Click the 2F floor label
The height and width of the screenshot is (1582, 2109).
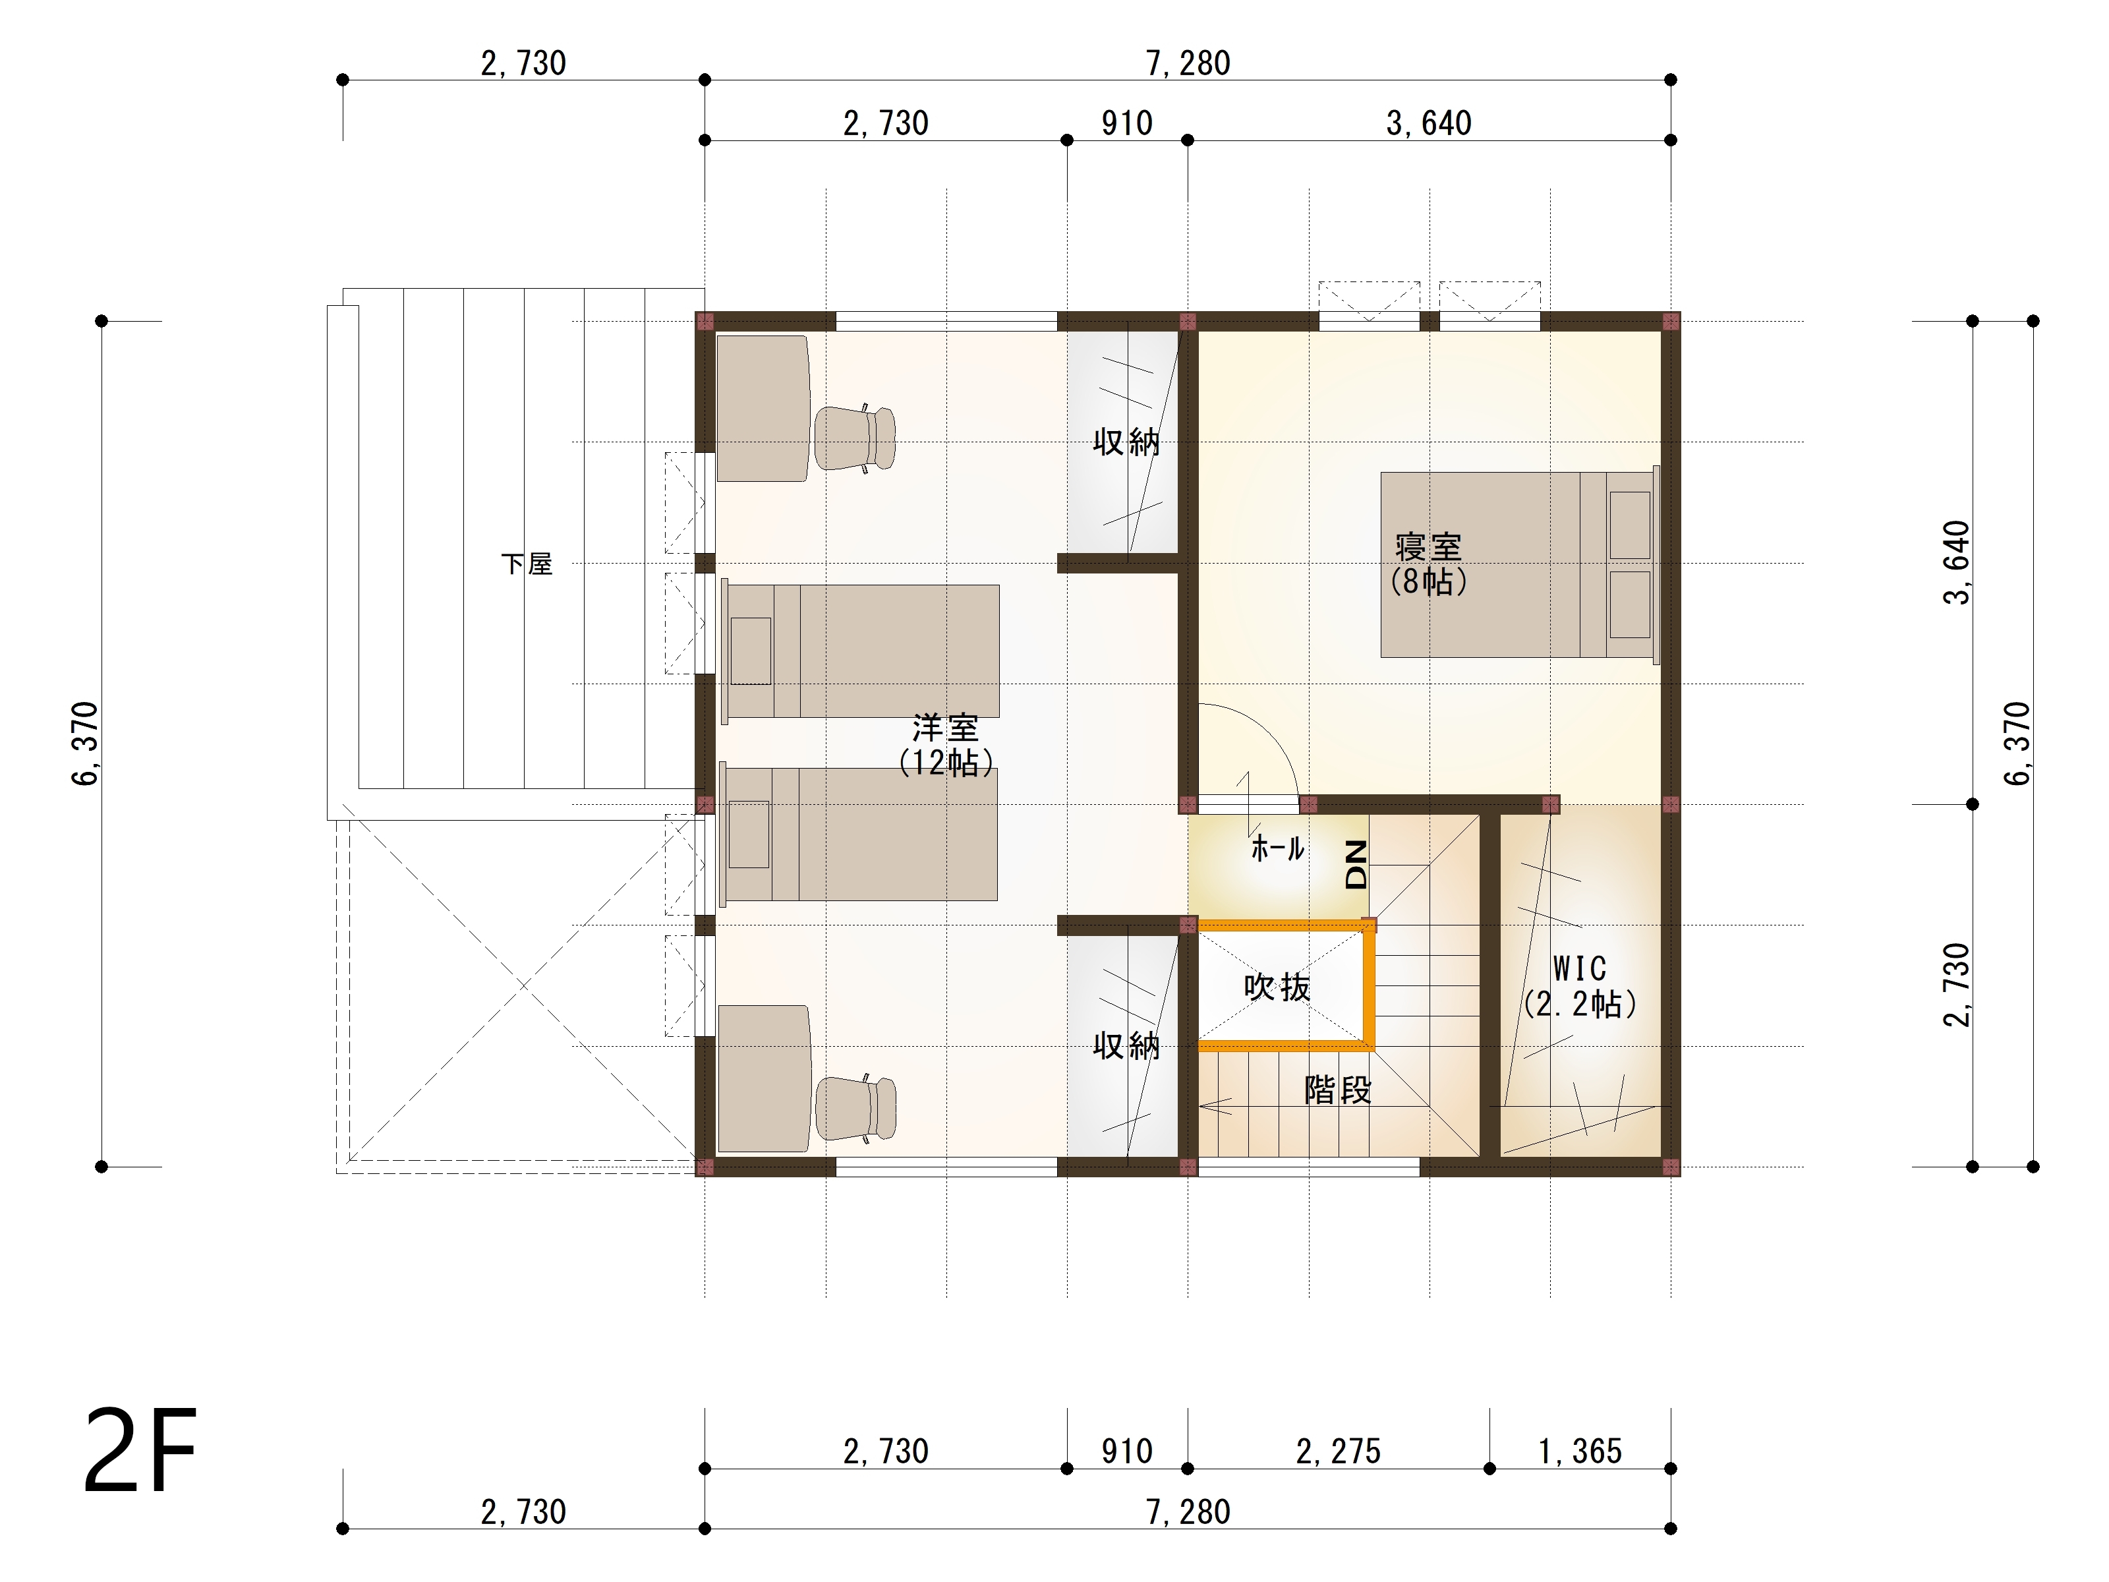[140, 1450]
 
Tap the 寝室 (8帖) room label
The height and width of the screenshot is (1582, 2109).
[1428, 564]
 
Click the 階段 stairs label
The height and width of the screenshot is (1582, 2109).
[1338, 1089]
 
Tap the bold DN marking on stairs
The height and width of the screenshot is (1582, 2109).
[1356, 864]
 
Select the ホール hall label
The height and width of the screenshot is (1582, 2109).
[1277, 848]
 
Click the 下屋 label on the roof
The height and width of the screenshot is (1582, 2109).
[527, 564]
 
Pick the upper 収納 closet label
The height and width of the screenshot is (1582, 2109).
[1126, 442]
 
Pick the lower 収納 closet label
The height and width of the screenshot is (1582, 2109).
[1126, 1046]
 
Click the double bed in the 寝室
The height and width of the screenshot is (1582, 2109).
[1518, 564]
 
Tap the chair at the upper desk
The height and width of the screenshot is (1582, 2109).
[855, 438]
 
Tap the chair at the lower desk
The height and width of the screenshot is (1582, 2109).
[855, 1108]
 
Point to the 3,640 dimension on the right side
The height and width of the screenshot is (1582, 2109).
[1955, 563]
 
